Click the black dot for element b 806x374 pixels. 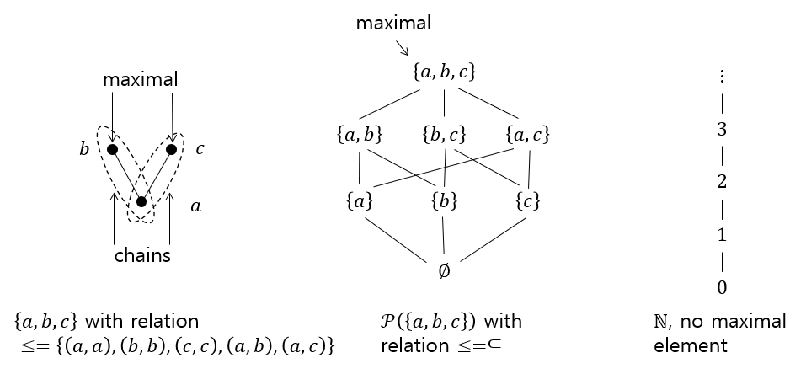(x=111, y=150)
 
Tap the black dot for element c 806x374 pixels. (x=172, y=150)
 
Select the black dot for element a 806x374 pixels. (x=141, y=202)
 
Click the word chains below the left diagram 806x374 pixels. (x=142, y=255)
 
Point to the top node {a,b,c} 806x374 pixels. (x=445, y=72)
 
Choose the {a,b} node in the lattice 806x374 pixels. (x=360, y=133)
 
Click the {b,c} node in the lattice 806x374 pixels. (x=444, y=133)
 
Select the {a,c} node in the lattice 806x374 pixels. (x=529, y=133)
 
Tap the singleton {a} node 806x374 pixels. (x=360, y=202)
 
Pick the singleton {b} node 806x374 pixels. (x=444, y=202)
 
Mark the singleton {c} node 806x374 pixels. (x=528, y=202)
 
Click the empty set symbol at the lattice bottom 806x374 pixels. (x=444, y=271)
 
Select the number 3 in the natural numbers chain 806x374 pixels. (x=722, y=129)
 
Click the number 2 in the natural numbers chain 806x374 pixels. (x=722, y=182)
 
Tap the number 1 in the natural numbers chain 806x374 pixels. (x=722, y=235)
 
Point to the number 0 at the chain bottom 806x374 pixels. (x=722, y=288)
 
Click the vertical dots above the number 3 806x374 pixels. (x=722, y=77)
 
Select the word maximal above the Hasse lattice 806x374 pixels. (x=393, y=23)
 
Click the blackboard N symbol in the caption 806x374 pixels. (x=661, y=322)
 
